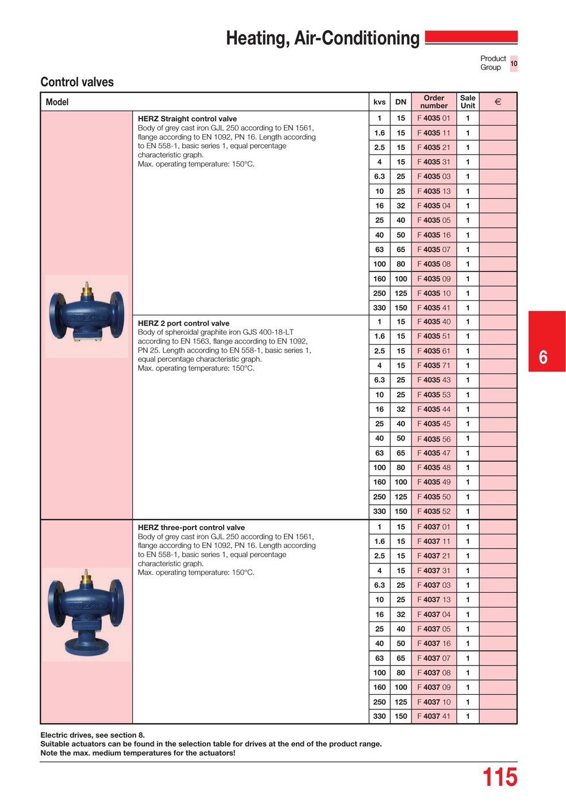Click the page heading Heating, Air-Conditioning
322,38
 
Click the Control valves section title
77,82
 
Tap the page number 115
499,778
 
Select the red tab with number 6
546,342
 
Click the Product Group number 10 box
514,63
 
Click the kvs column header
379,102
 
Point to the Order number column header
434,102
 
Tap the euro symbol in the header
498,102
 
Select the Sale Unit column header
468,102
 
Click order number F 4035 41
434,308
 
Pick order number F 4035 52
434,511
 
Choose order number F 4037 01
434,527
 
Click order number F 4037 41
434,716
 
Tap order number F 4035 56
434,439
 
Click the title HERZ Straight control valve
187,119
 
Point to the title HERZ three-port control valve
191,527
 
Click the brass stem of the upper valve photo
87,290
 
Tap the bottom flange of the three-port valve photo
86,647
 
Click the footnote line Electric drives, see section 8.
93,735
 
